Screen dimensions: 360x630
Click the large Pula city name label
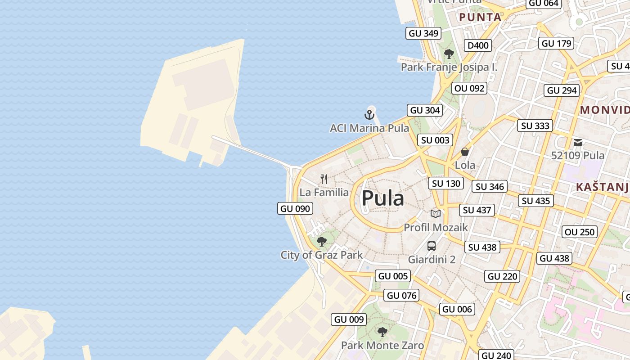[x=383, y=198]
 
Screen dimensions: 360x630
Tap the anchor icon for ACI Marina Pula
[x=369, y=115]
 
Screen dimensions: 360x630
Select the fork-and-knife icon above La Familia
[x=324, y=179]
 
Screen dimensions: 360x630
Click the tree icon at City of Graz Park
[x=321, y=242]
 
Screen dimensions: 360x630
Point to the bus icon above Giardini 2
[x=432, y=246]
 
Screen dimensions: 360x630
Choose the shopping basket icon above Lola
[x=465, y=152]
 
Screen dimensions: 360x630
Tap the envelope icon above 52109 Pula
[x=578, y=143]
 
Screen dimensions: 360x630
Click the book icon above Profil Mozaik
[x=435, y=214]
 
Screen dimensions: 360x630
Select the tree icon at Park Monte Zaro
[x=382, y=332]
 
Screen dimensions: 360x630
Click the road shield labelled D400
[x=478, y=45]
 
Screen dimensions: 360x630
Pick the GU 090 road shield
[x=295, y=208]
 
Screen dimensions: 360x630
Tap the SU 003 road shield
[x=435, y=140]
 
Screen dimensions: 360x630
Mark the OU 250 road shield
[x=580, y=232]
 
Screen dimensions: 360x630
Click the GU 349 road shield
[x=423, y=33]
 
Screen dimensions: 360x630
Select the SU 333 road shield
[x=535, y=126]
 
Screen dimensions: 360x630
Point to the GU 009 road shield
[x=349, y=319]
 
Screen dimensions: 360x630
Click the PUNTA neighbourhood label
[x=480, y=18]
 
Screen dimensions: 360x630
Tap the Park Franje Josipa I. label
[x=449, y=67]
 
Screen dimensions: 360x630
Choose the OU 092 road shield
[x=470, y=88]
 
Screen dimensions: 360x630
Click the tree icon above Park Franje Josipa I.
[x=449, y=54]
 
